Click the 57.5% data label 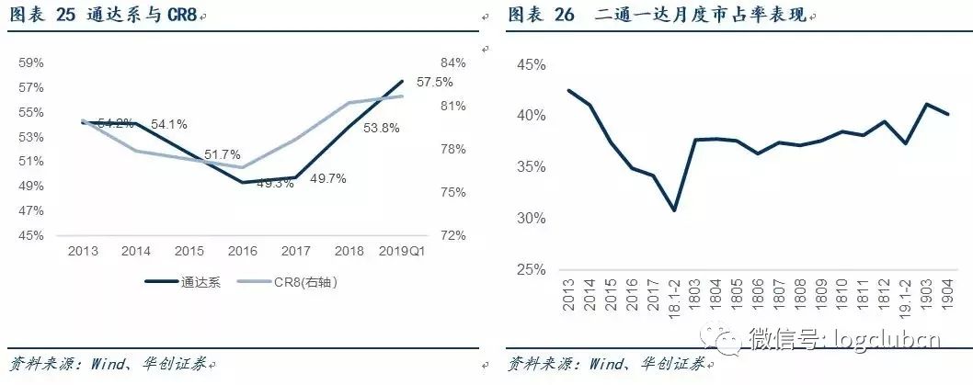click(x=434, y=82)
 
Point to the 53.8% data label click(x=382, y=129)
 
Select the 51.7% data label click(x=223, y=153)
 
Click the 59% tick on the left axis click(x=32, y=63)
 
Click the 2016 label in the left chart click(x=241, y=251)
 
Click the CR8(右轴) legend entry click(x=290, y=283)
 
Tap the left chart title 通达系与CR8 click(x=132, y=16)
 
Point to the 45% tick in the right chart click(x=533, y=64)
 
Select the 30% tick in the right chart click(x=533, y=219)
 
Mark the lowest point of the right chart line click(x=674, y=210)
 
